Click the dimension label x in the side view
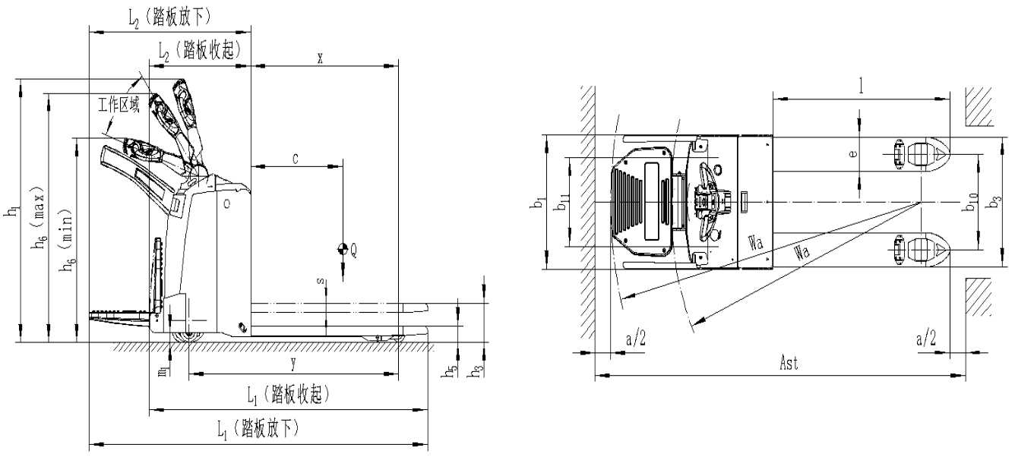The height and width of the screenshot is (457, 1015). pyautogui.click(x=321, y=58)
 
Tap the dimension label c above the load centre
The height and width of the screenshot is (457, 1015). pyautogui.click(x=296, y=159)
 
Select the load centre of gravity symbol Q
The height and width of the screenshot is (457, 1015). pyautogui.click(x=342, y=248)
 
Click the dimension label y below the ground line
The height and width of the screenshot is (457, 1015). pyautogui.click(x=293, y=364)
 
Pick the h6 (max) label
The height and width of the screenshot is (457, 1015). pyautogui.click(x=40, y=218)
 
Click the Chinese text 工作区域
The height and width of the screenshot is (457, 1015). pyautogui.click(x=119, y=105)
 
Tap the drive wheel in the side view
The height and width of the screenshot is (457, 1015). pyautogui.click(x=186, y=337)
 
